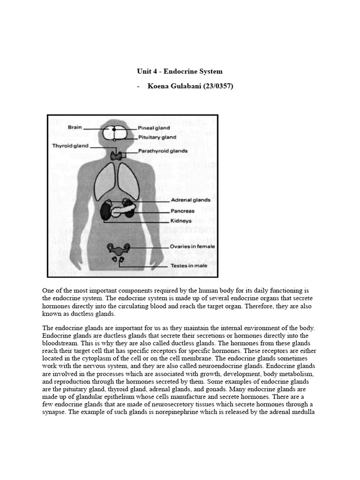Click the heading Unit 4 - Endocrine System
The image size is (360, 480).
point(180,72)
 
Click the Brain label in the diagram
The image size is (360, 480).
point(75,127)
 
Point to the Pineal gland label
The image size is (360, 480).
point(154,127)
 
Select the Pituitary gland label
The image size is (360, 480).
point(157,137)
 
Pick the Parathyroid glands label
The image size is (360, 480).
point(163,151)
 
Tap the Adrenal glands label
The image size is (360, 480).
point(190,200)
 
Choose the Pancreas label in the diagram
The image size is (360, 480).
point(182,211)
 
